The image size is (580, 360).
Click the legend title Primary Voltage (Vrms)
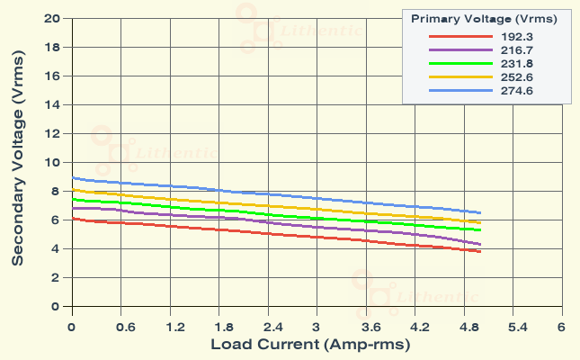(x=484, y=17)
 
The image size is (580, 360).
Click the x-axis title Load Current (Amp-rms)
(x=311, y=345)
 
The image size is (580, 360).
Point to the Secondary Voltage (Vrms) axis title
(x=17, y=163)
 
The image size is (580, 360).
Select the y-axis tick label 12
(x=52, y=133)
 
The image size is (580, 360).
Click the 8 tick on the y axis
(x=56, y=191)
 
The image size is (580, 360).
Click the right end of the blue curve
(x=480, y=212)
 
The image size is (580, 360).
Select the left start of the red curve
(x=72, y=219)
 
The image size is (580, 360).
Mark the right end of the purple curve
(x=480, y=245)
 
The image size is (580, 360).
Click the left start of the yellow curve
(x=72, y=190)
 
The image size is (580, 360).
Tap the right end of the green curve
(x=480, y=230)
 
